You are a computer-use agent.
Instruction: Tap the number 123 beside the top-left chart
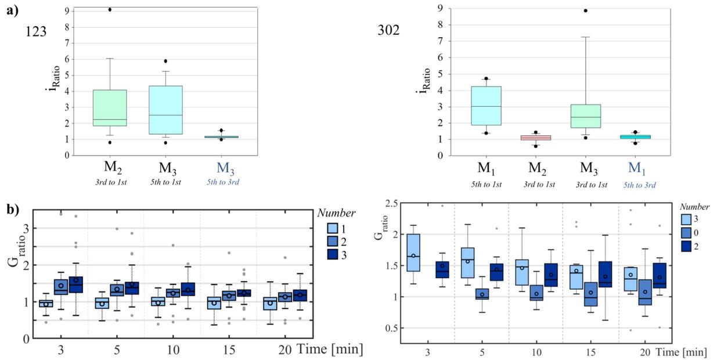[x=36, y=31]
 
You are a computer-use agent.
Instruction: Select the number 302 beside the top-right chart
[x=388, y=30]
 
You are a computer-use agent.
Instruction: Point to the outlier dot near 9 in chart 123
[x=110, y=9]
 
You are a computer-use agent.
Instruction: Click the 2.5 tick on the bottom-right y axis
[x=383, y=203]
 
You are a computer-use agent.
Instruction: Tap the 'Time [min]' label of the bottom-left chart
[x=330, y=348]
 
